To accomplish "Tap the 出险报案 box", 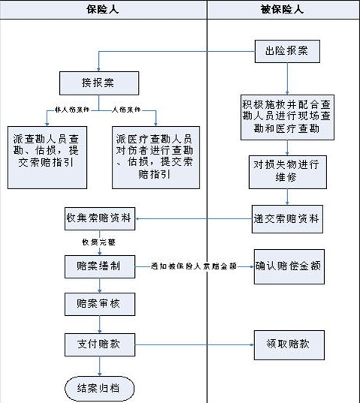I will pos(287,51).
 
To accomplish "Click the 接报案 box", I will pos(97,81).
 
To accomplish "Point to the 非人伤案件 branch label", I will pos(72,110).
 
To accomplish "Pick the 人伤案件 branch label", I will pos(126,110).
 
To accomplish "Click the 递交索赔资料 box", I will pos(288,219).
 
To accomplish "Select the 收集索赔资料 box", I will pos(97,219).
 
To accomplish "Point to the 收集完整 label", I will pos(94,243).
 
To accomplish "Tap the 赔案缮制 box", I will pos(97,266).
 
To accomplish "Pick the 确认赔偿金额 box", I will pos(288,266).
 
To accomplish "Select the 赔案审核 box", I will pos(97,305).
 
